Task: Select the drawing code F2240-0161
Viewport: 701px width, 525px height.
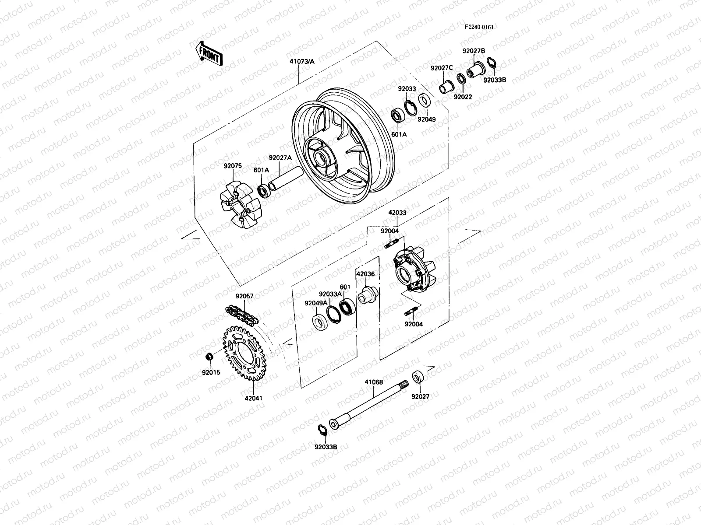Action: click(x=479, y=27)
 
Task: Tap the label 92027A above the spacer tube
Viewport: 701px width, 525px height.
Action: click(x=280, y=158)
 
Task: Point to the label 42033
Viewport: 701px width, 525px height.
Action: click(x=397, y=213)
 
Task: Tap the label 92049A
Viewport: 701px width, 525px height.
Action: click(x=316, y=303)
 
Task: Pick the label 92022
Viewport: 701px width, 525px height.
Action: click(x=463, y=97)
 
